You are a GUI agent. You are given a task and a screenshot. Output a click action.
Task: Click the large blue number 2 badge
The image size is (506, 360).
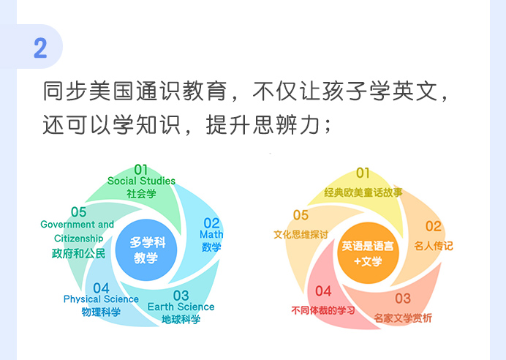point(40,48)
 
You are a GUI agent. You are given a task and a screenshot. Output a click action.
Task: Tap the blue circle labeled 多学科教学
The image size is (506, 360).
point(146,250)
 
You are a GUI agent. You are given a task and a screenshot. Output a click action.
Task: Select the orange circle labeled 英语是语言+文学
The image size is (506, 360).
point(368,253)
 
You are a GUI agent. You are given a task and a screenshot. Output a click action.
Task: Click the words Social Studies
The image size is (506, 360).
point(141,181)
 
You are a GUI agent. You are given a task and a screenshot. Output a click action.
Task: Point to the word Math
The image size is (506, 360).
point(211,234)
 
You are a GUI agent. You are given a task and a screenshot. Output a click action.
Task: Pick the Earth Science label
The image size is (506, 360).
point(181,307)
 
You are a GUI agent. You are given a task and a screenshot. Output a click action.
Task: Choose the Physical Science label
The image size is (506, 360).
point(101,299)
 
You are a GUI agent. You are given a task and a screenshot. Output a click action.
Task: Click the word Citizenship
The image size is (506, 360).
point(78,239)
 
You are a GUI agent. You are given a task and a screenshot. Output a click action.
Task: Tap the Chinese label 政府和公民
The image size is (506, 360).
point(78,253)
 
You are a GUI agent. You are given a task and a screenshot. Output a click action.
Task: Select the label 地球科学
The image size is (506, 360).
point(181,320)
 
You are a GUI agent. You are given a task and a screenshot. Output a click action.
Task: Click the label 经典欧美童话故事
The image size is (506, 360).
point(363,192)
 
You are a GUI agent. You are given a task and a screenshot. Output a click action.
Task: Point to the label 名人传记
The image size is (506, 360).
point(434,246)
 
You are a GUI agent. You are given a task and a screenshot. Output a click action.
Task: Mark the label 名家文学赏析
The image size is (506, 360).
point(403,318)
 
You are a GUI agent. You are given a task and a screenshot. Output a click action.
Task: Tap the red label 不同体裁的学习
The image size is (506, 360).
point(323,310)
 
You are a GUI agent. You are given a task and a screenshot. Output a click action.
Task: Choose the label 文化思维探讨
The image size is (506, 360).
point(301,234)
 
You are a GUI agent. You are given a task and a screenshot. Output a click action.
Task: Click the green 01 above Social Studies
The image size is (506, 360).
point(141,170)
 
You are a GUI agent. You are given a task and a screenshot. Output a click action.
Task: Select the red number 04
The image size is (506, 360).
point(323,291)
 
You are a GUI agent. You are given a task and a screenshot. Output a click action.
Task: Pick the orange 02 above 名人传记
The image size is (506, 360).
point(434,226)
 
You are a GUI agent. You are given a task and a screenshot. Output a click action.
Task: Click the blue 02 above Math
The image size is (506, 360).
point(212,223)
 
